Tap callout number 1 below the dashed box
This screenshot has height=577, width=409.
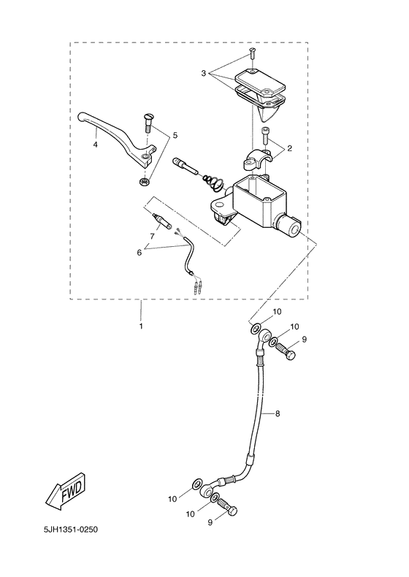pyautogui.click(x=142, y=326)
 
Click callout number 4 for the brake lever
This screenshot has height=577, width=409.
pyautogui.click(x=95, y=145)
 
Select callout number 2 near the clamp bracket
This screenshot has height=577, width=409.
pyautogui.click(x=290, y=148)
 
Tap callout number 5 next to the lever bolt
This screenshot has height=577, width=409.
pyautogui.click(x=175, y=137)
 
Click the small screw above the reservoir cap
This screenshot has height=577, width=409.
pyautogui.click(x=252, y=53)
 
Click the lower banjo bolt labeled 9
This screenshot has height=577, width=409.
pyautogui.click(x=227, y=508)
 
